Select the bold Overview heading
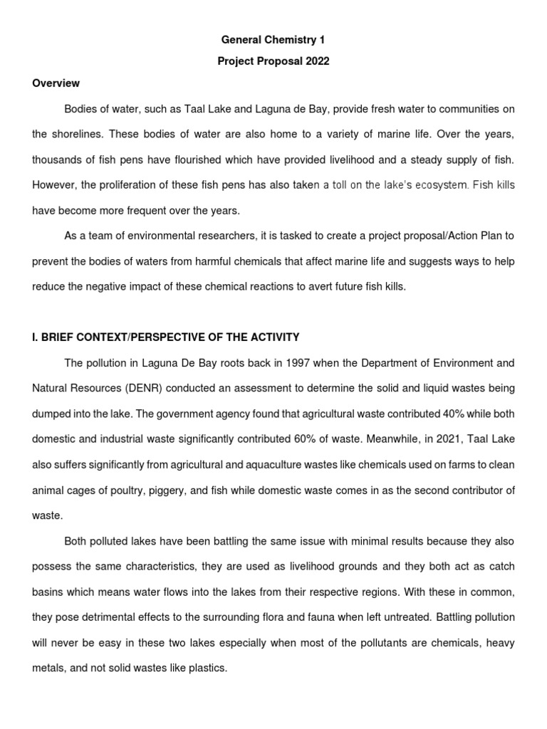(x=56, y=83)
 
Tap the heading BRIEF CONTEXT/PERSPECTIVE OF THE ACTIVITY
(x=166, y=337)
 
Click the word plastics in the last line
(x=208, y=668)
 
